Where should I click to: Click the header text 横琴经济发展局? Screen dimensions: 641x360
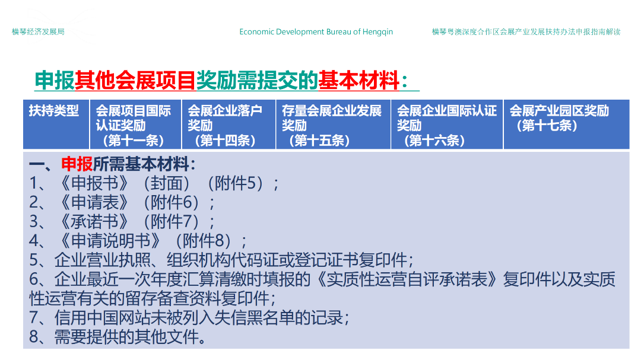point(38,32)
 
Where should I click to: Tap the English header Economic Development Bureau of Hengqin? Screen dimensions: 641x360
point(316,32)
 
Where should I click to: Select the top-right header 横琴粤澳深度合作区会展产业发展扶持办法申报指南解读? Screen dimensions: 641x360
point(526,32)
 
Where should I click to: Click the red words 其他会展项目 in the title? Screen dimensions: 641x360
point(135,80)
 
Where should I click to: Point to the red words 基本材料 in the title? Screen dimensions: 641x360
point(358,80)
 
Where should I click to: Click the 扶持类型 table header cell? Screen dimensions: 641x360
point(53,111)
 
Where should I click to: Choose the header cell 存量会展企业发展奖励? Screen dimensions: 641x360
point(332,126)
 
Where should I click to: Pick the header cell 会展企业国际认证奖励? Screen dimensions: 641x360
point(447,126)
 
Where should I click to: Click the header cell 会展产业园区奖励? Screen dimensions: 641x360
point(559,118)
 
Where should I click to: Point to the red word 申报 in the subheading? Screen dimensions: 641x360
point(77,164)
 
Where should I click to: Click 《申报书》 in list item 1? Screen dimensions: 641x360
point(94,183)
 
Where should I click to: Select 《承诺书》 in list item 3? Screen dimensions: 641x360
point(94,221)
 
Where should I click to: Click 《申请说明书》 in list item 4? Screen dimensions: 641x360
point(110,241)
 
